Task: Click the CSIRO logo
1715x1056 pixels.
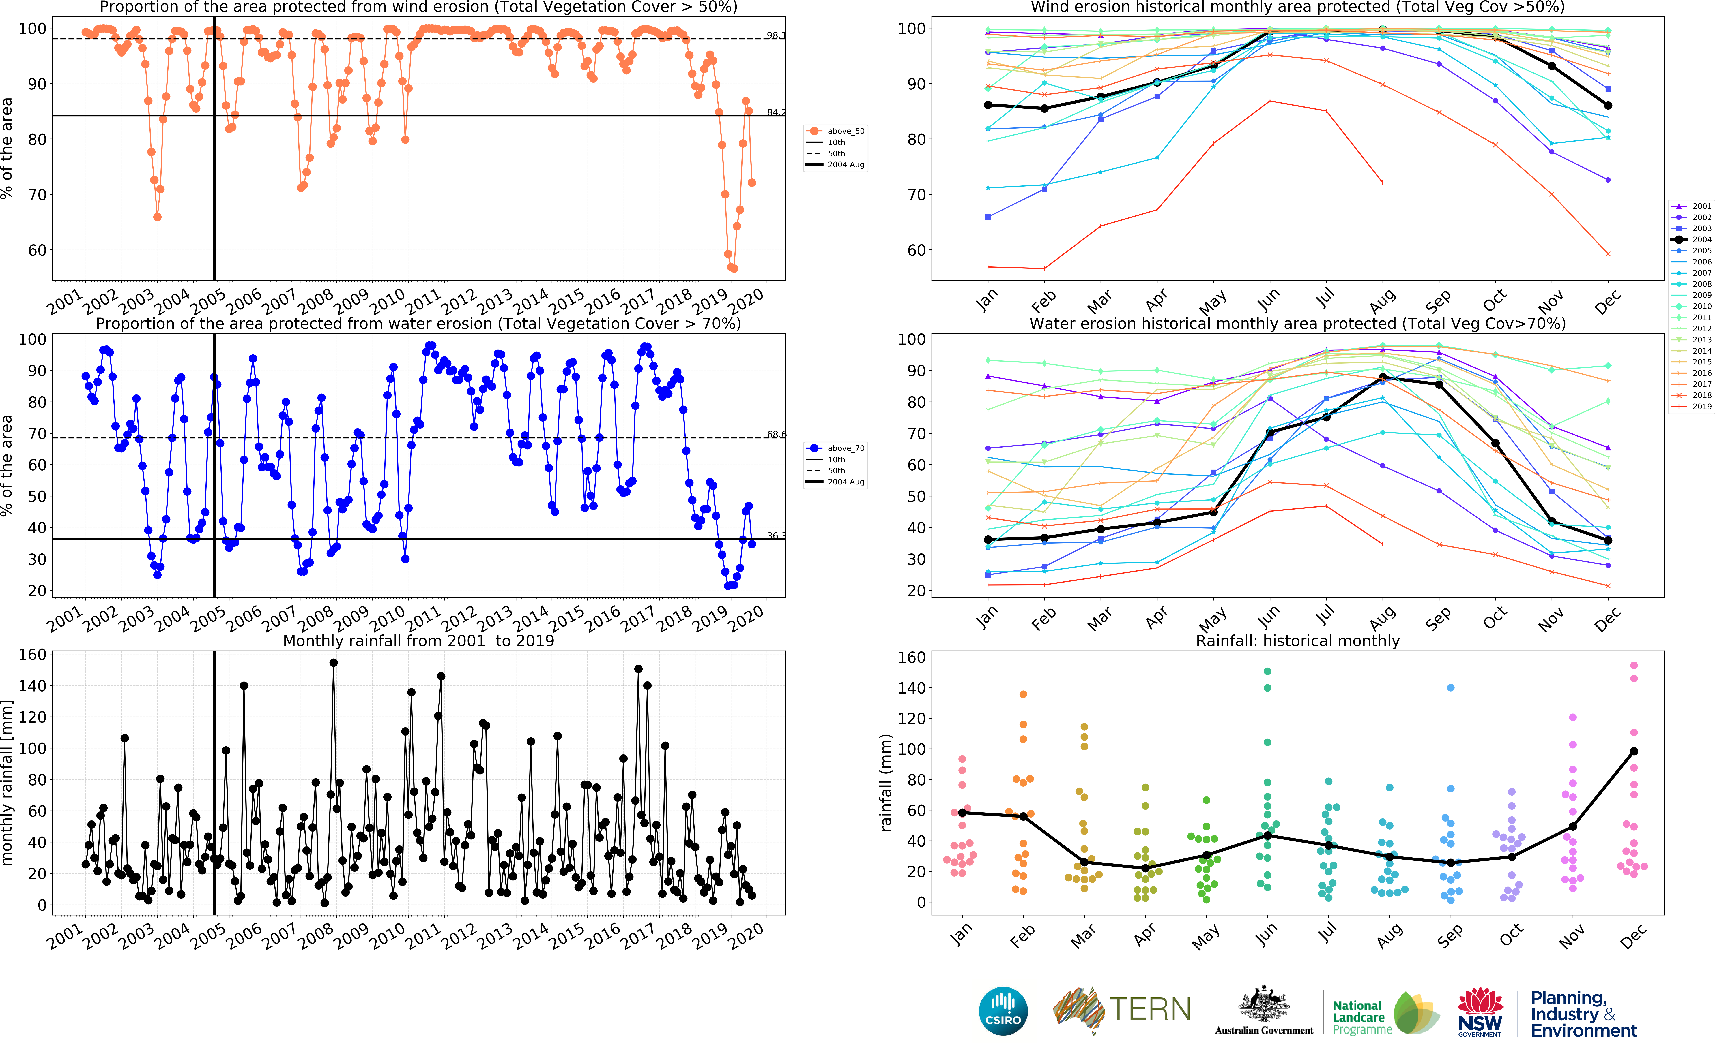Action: pos(1003,1011)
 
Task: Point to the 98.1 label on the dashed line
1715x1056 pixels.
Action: pos(775,36)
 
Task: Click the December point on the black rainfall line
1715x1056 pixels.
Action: pos(1633,751)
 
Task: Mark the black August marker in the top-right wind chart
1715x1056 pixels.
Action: pos(1383,29)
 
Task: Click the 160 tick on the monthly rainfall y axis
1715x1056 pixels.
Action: pos(32,654)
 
